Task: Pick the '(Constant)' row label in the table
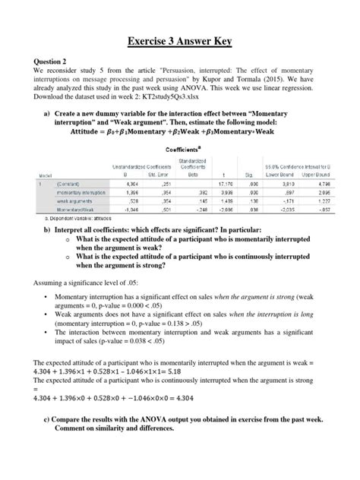[x=71, y=184]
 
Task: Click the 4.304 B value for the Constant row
[x=130, y=184]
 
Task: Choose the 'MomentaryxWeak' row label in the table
[x=77, y=210]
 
